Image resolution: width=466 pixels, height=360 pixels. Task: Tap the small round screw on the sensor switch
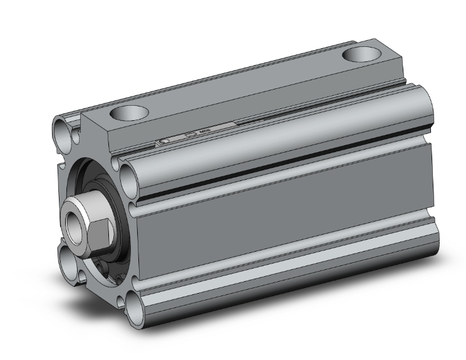[x=163, y=142]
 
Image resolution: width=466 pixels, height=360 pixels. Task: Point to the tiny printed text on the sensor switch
[x=205, y=132]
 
